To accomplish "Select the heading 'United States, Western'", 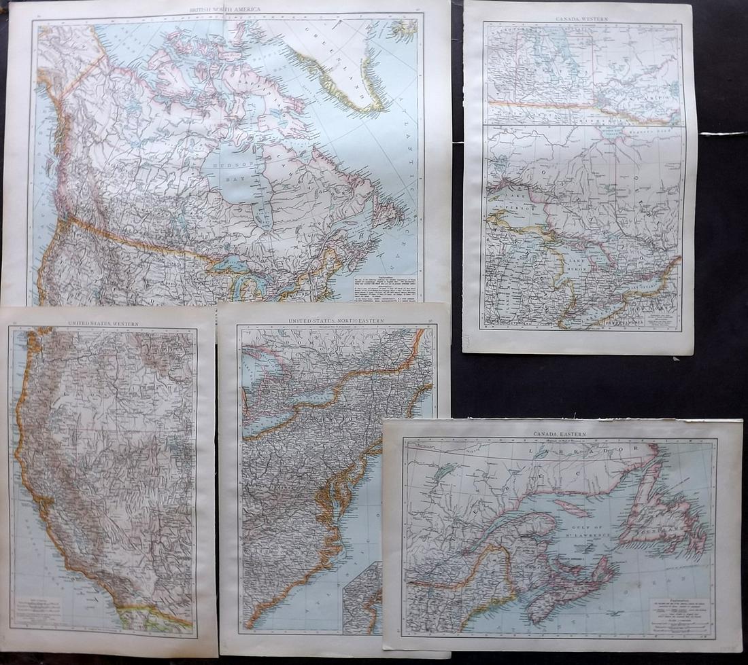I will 103,323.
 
